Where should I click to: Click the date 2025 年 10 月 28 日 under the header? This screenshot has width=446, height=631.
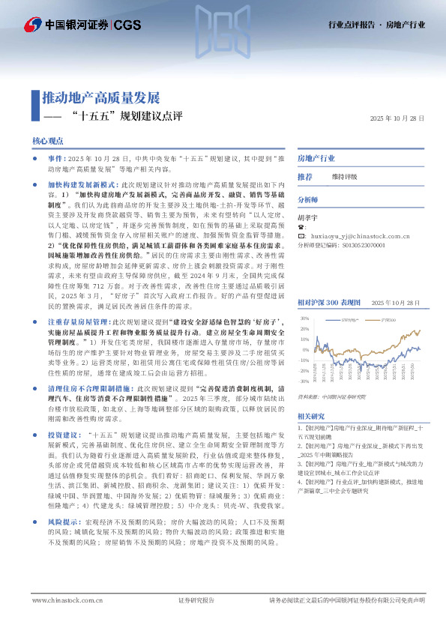(397, 119)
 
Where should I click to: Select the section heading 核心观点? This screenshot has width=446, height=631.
(46, 141)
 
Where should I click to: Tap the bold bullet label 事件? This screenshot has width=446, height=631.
(56, 160)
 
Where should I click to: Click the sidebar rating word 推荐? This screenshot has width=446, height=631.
(305, 177)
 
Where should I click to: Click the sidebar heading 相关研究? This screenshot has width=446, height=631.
(311, 416)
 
